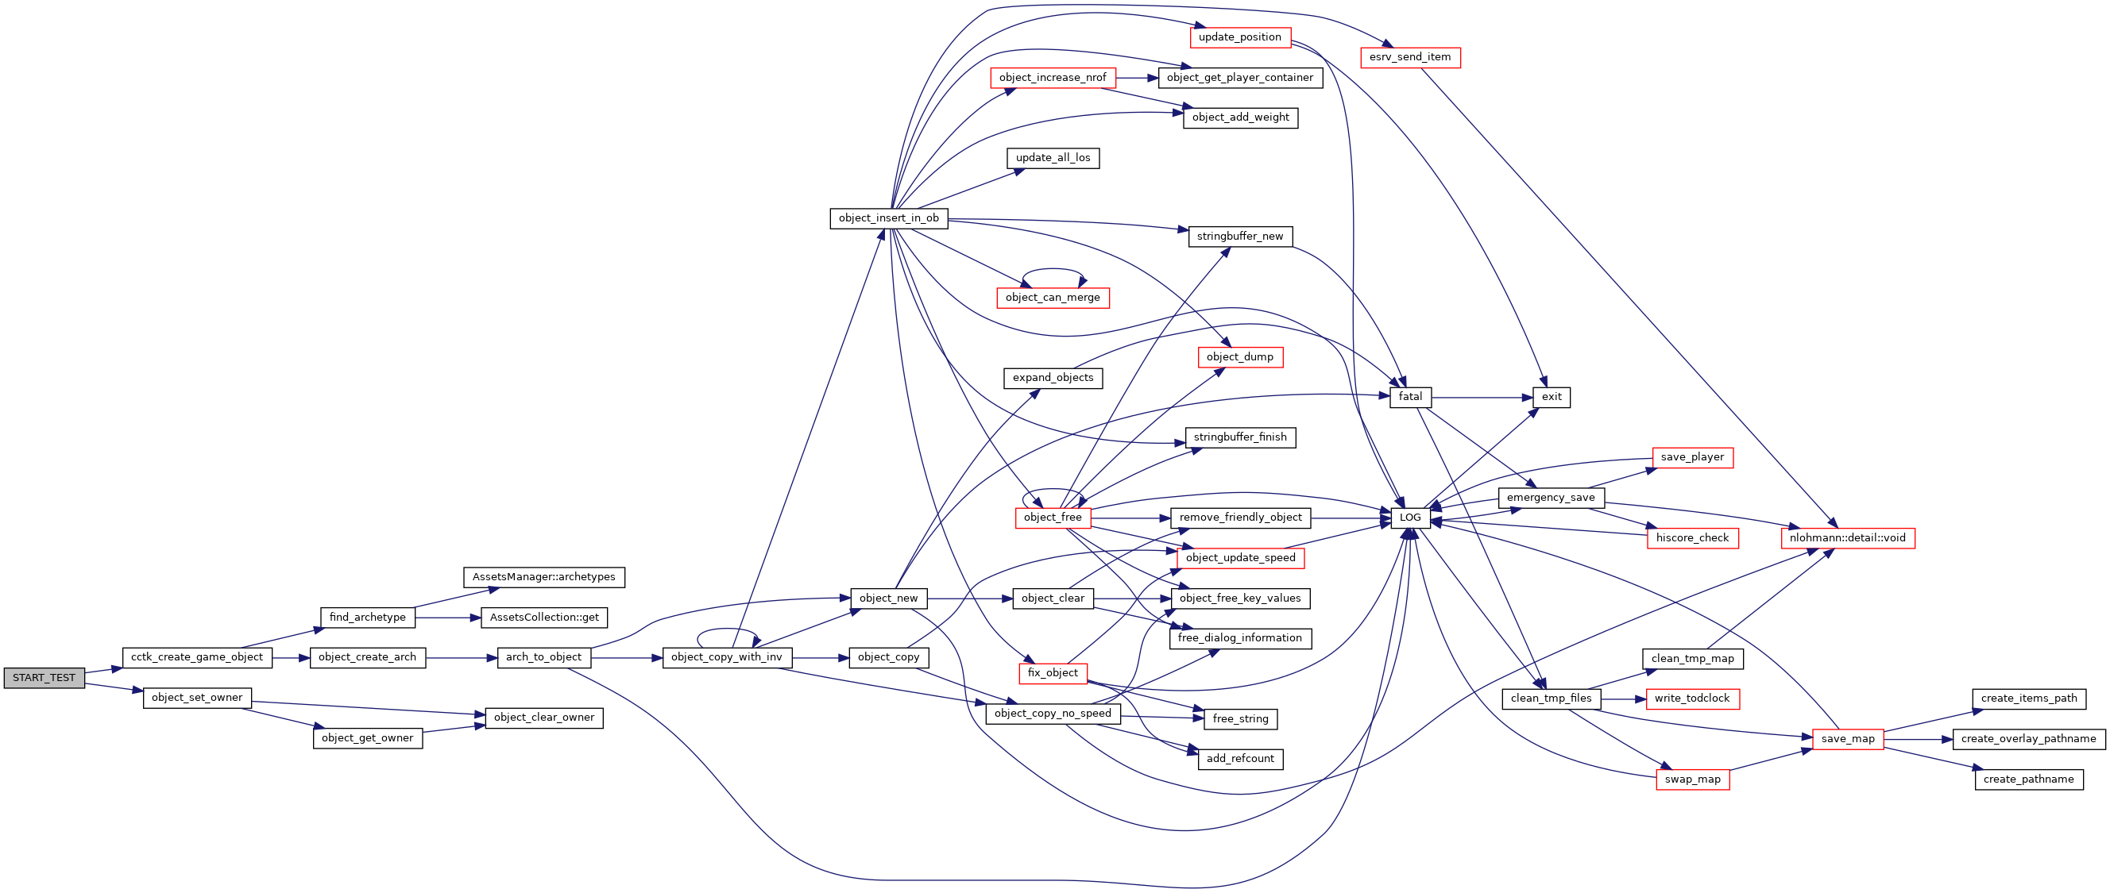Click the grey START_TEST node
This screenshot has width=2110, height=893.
pyautogui.click(x=44, y=678)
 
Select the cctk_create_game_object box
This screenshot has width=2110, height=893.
pyautogui.click(x=196, y=657)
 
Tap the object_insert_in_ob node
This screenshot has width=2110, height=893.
pyautogui.click(x=889, y=218)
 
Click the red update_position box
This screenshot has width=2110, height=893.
pyautogui.click(x=1239, y=37)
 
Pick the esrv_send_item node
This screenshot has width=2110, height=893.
pyautogui.click(x=1409, y=57)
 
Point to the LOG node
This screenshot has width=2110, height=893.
pyautogui.click(x=1409, y=518)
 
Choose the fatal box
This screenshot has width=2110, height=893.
pyautogui.click(x=1409, y=397)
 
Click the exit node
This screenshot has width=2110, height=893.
pyautogui.click(x=1552, y=397)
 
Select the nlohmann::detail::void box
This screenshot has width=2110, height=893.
pyautogui.click(x=1847, y=537)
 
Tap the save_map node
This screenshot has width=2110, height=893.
pyautogui.click(x=1848, y=738)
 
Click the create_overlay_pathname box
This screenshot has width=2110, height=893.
pyautogui.click(x=2028, y=738)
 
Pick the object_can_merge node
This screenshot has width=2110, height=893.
pyautogui.click(x=1053, y=298)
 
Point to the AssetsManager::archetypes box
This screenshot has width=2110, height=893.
pyautogui.click(x=544, y=577)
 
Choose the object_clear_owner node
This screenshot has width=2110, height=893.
pyautogui.click(x=544, y=718)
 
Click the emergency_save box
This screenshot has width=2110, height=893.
pyautogui.click(x=1551, y=498)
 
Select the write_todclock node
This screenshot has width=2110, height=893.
pyautogui.click(x=1691, y=699)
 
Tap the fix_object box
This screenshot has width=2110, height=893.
pyautogui.click(x=1053, y=673)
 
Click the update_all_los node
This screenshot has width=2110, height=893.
pyautogui.click(x=1053, y=158)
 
